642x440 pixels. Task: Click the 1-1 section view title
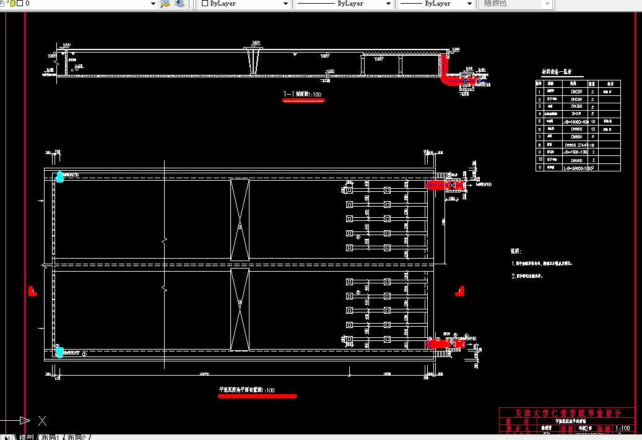(x=303, y=95)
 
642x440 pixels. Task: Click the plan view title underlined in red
(x=247, y=390)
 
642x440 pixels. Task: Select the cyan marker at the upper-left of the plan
(x=59, y=177)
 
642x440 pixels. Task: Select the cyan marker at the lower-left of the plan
(x=59, y=352)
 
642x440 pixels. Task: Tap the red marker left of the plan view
(x=33, y=290)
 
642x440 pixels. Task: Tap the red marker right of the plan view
(x=459, y=290)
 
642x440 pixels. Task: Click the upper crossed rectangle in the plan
(x=240, y=219)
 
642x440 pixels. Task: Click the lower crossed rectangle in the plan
(x=240, y=309)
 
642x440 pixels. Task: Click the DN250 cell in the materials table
(x=576, y=91)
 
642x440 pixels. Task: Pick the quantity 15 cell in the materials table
(x=592, y=129)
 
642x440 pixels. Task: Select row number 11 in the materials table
(x=539, y=168)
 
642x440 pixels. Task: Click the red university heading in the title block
(x=566, y=413)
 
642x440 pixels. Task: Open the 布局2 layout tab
(x=78, y=437)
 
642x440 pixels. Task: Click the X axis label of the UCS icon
(x=43, y=421)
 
